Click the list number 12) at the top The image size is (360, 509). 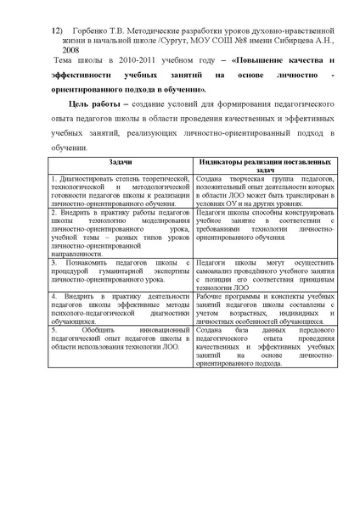[57, 30]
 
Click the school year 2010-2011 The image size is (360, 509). [127, 61]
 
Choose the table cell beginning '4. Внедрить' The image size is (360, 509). [120, 308]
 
